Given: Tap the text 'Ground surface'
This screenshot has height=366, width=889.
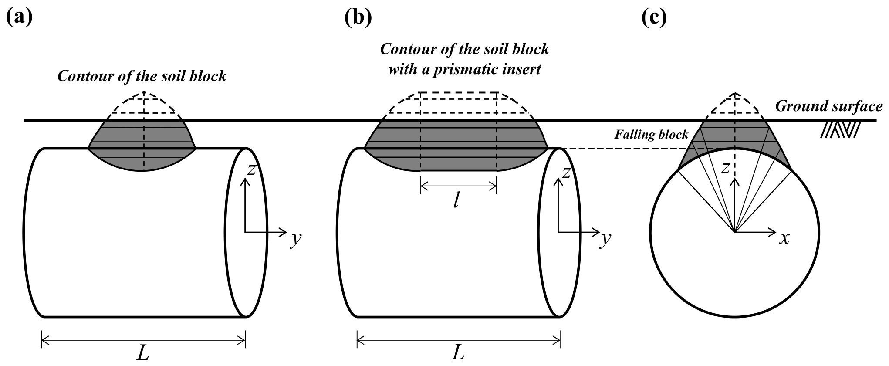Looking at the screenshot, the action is tap(829, 107).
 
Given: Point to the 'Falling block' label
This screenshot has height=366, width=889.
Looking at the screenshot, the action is tap(651, 134).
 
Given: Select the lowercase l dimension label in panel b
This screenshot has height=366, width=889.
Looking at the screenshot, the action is tap(456, 200).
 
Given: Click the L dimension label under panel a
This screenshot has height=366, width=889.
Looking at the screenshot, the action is tap(143, 353).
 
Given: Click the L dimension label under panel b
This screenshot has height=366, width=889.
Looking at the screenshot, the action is tap(458, 353).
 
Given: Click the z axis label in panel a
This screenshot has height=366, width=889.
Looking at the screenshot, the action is tap(251, 170).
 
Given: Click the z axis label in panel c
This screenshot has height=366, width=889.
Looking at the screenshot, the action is tap(724, 168).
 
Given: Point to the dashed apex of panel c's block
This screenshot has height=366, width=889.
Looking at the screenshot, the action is tap(735, 93).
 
